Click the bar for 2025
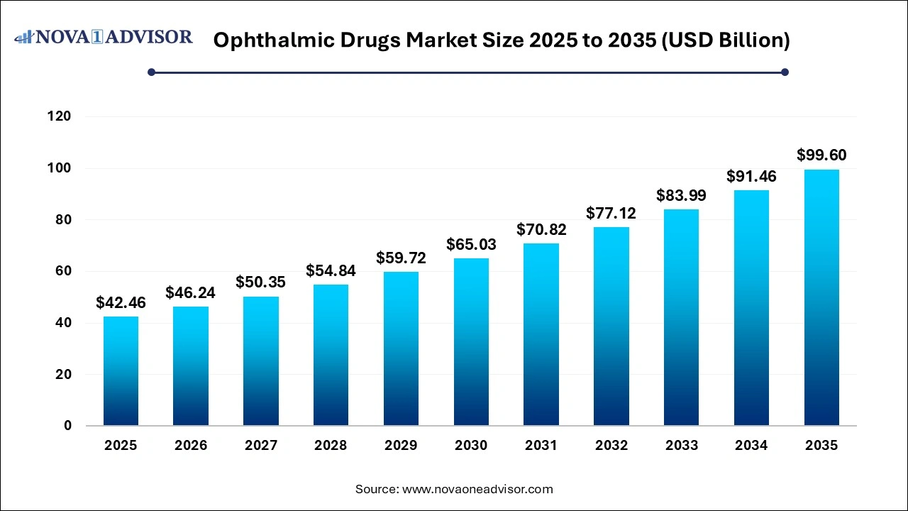coord(121,370)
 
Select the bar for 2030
coord(471,342)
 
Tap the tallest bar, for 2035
coord(821,297)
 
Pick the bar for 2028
coord(331,355)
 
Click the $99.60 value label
coord(821,155)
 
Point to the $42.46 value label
coord(121,302)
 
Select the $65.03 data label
coord(471,244)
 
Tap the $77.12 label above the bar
coord(611,213)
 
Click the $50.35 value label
coord(261,282)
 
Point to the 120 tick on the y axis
coord(60,116)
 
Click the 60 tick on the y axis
coord(64,271)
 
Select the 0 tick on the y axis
coord(67,426)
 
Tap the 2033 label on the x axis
coord(681,446)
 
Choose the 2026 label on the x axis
coord(191,446)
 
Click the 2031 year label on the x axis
coord(541,446)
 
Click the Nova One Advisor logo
coord(104,37)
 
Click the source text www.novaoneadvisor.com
coord(477,489)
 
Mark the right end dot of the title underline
coord(785,72)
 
